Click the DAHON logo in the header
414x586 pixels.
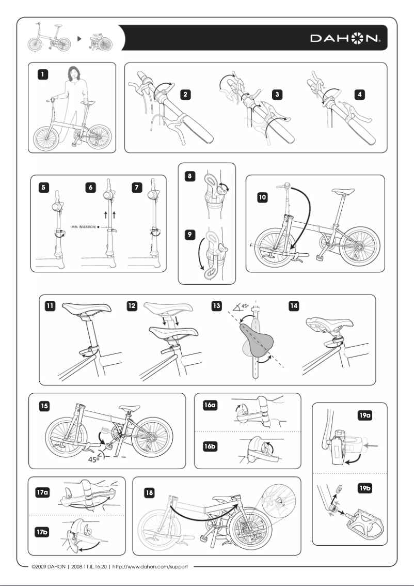(345, 39)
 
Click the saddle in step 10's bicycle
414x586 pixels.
(344, 191)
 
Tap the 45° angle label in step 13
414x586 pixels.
(243, 306)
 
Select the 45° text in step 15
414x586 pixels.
(94, 458)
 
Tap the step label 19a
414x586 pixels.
(365, 415)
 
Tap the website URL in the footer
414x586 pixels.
(153, 566)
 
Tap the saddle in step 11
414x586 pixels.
(87, 309)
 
